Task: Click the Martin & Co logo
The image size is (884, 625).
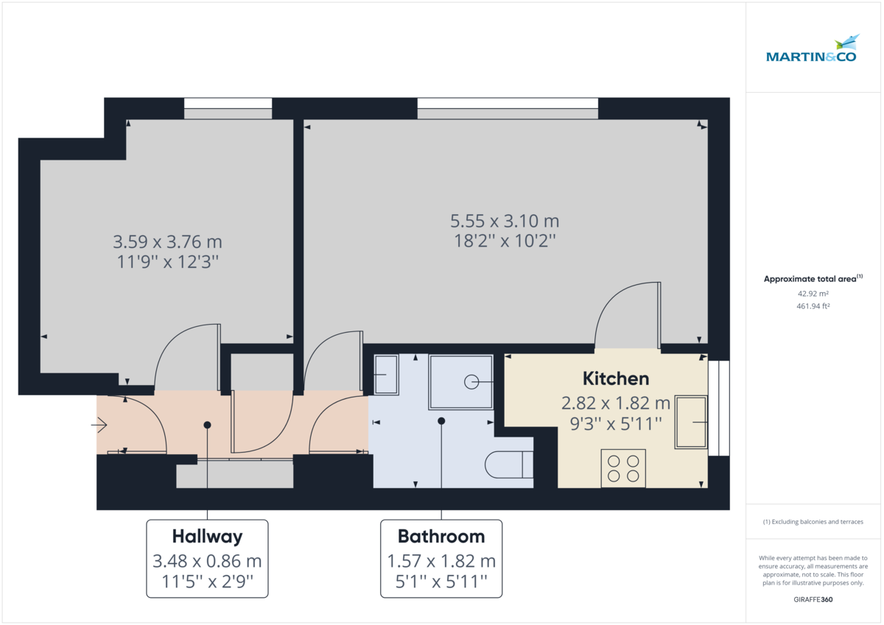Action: [x=811, y=49]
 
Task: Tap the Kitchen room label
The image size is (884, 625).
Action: [x=616, y=379]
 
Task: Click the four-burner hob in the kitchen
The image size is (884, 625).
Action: [x=623, y=467]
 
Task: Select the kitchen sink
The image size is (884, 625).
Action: [x=691, y=422]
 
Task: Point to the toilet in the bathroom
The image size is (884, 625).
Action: [x=509, y=465]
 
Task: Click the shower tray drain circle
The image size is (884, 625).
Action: [x=471, y=381]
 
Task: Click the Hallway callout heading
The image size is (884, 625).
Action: [x=207, y=536]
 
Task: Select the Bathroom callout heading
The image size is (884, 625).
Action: [x=441, y=536]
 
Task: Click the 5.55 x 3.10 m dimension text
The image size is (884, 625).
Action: [x=505, y=221]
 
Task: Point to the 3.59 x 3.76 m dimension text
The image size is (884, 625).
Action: [x=167, y=241]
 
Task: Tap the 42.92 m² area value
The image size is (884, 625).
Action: [x=810, y=293]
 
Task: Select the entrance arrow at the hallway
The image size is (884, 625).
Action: [x=99, y=425]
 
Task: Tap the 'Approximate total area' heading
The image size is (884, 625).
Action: [x=810, y=279]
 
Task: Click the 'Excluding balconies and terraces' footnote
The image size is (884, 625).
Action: [x=813, y=521]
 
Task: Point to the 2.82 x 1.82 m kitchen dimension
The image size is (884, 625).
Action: [x=616, y=403]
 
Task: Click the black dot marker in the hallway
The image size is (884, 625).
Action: [x=208, y=425]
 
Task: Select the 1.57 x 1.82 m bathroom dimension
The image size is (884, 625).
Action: [x=441, y=562]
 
